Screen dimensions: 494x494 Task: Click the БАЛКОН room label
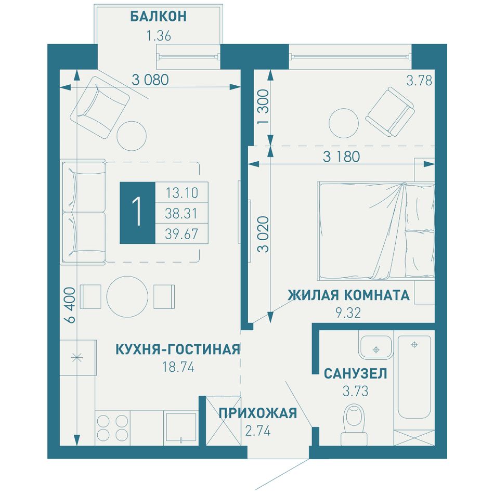click(x=158, y=17)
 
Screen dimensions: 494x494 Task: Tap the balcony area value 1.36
click(x=159, y=36)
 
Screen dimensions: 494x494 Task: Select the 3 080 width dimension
click(x=150, y=80)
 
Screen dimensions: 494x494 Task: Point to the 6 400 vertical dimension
click(x=71, y=305)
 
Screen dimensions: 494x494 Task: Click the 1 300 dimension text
click(x=263, y=107)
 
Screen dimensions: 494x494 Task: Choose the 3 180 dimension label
click(x=341, y=157)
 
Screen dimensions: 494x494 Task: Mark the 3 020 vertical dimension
click(x=263, y=234)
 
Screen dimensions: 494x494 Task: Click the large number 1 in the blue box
click(x=137, y=212)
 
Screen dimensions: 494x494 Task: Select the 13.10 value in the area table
click(x=182, y=192)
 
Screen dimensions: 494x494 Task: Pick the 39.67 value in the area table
click(x=182, y=234)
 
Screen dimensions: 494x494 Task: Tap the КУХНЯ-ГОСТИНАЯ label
click(x=178, y=349)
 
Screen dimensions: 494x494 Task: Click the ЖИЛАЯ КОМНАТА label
click(x=348, y=295)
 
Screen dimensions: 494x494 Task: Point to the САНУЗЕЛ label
click(x=355, y=374)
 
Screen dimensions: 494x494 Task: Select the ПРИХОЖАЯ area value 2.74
click(x=258, y=431)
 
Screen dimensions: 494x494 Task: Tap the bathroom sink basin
click(x=375, y=346)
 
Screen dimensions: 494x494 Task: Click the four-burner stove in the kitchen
click(x=112, y=428)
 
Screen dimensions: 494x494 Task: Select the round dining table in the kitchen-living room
click(x=127, y=296)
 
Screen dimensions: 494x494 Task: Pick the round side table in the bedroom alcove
click(x=344, y=123)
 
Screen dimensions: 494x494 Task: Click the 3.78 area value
click(x=419, y=81)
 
